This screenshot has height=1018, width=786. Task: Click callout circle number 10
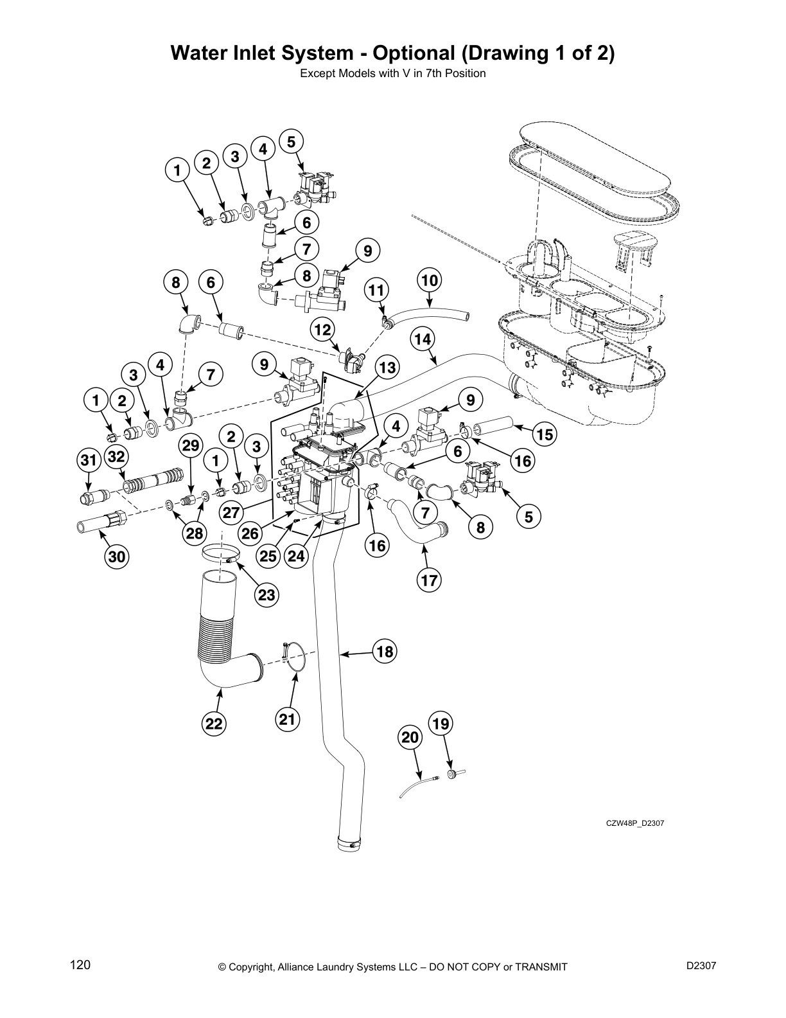coord(430,280)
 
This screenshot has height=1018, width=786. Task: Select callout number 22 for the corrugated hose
coord(214,724)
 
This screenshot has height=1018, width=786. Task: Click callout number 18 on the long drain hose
coord(385,652)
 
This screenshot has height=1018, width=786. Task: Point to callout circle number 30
coord(116,557)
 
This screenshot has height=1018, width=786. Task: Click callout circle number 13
coord(387,368)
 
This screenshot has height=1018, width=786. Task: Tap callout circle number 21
coord(288,720)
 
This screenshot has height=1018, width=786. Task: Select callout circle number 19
coord(440,724)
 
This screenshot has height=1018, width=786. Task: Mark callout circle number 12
coord(322,330)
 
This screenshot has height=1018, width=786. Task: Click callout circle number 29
coord(191,445)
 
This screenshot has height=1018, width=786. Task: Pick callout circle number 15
coord(545,434)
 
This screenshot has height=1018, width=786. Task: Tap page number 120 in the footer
coord(80,965)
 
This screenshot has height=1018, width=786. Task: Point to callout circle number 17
coord(429,581)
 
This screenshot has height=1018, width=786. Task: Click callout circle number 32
coord(116,457)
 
